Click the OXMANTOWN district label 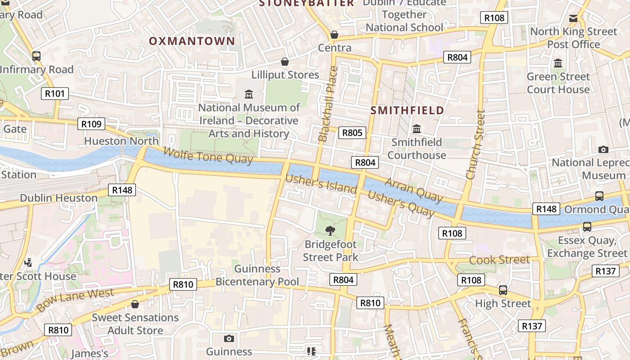(192, 41)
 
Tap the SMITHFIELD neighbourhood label (407, 110)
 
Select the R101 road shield (55, 94)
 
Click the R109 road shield (91, 124)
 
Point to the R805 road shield (352, 132)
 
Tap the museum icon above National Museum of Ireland (249, 94)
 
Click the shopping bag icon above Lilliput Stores (285, 62)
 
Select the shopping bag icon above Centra (334, 35)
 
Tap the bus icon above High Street (503, 290)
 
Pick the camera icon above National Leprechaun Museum (603, 149)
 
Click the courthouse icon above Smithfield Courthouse (417, 129)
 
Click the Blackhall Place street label (328, 104)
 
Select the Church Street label (476, 145)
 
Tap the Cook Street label (499, 260)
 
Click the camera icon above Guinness (229, 338)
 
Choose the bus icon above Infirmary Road (36, 56)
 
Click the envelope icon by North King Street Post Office (573, 18)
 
